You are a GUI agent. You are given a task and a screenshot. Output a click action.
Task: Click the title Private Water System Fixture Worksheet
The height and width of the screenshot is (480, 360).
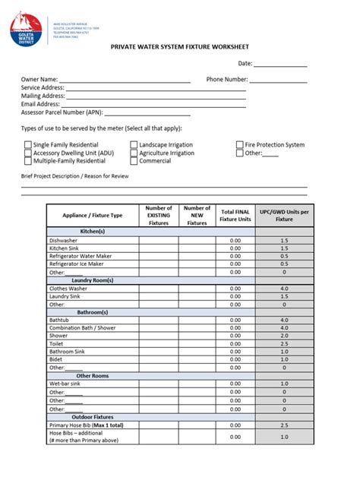pos(179,46)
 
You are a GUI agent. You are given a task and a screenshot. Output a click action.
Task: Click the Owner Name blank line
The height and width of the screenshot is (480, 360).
pos(125,80)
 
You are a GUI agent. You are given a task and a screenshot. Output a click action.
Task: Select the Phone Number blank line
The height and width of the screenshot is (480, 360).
pos(279,80)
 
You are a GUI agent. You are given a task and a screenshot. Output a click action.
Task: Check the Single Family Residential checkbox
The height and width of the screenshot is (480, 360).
pos(28,145)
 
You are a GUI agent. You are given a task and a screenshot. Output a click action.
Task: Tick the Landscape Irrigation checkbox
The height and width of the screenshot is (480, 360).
pos(134,145)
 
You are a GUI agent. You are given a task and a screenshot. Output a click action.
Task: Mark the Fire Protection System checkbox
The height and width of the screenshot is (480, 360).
pos(239,145)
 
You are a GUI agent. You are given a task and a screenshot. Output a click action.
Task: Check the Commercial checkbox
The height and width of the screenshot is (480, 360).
pos(134,161)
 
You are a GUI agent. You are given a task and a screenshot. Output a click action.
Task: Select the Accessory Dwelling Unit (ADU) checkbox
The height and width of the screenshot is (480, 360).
pos(28,153)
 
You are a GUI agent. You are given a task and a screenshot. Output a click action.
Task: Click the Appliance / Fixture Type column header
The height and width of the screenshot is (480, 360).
pos(92,216)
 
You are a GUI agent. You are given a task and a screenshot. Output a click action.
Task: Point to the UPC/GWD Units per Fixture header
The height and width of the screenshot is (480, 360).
pos(284,215)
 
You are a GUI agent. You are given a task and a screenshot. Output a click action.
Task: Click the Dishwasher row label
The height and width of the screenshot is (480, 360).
pos(65,240)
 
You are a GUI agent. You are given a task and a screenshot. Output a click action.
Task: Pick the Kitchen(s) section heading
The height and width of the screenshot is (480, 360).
pos(92,231)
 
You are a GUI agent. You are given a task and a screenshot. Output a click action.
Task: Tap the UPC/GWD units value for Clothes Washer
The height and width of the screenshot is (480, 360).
pos(284,289)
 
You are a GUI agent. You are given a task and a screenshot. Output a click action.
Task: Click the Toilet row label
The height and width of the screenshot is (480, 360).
pos(58,343)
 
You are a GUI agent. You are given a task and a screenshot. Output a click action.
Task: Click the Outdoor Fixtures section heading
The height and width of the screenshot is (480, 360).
pos(92,417)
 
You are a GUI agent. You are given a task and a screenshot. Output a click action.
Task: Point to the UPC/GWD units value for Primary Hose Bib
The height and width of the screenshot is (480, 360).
pos(284,425)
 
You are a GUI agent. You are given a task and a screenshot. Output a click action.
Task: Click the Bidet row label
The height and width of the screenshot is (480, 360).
pos(57,359)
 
